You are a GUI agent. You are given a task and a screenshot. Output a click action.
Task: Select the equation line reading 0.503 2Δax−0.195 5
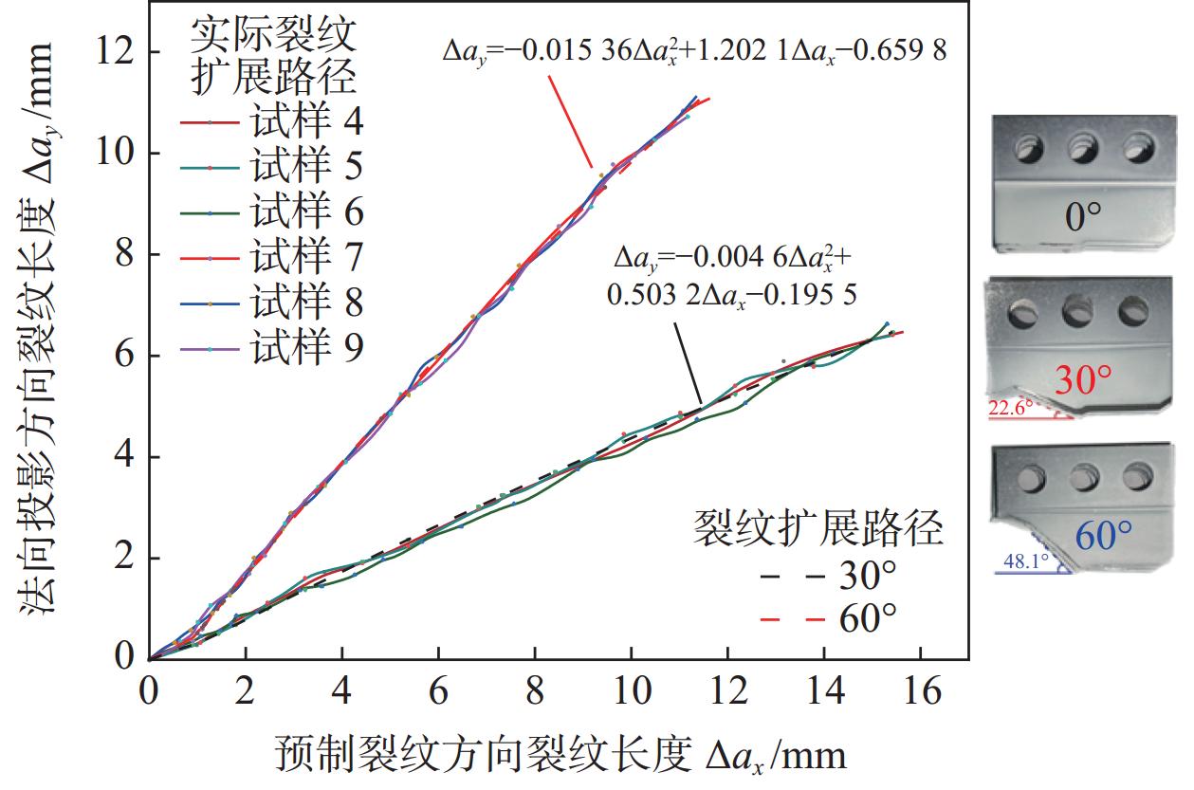731,295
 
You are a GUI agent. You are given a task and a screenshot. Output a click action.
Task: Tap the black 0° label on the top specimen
1082,218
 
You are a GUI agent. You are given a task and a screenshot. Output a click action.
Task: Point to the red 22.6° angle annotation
1011,408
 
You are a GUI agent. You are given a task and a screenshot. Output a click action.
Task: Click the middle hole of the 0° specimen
1082,147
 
